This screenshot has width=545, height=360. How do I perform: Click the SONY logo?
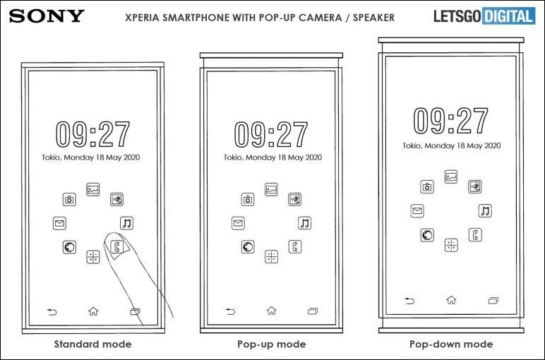(x=47, y=16)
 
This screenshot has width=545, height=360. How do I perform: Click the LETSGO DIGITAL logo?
(x=484, y=16)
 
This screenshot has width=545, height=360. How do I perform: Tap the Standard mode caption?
(x=92, y=344)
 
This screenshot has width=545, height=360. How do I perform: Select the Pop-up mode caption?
(x=272, y=344)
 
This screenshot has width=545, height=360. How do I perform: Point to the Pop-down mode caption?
(x=451, y=344)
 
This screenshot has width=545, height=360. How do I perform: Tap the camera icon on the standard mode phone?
(x=69, y=200)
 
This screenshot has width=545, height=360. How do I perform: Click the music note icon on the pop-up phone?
(x=304, y=223)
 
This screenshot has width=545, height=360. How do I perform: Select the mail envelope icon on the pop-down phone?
(x=417, y=210)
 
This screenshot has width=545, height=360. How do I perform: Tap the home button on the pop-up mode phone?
(x=272, y=311)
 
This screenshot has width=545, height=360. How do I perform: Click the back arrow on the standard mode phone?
(x=52, y=312)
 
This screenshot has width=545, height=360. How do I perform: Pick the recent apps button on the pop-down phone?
(x=493, y=300)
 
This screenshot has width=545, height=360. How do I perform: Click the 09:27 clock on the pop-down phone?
(x=451, y=121)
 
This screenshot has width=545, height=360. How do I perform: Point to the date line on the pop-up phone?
(x=272, y=157)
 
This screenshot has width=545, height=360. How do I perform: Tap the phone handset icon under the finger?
(x=116, y=247)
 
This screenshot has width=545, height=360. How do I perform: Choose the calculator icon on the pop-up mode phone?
(x=272, y=257)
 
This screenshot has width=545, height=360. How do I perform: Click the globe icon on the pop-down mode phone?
(x=427, y=235)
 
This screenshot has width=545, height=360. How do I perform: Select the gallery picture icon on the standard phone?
(x=92, y=189)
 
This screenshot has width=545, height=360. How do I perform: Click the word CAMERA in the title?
(x=320, y=18)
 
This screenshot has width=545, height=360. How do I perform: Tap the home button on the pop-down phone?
(x=451, y=299)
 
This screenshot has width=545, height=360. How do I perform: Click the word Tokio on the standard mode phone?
(x=52, y=157)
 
